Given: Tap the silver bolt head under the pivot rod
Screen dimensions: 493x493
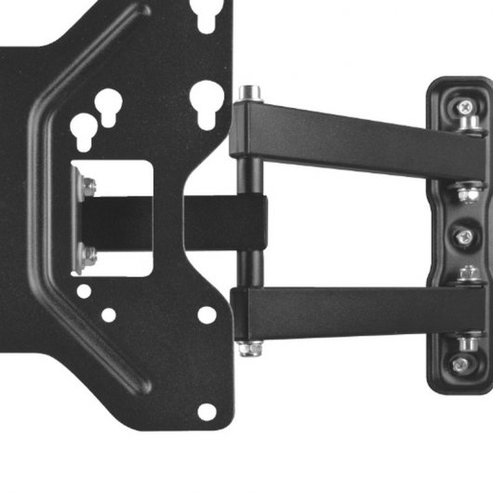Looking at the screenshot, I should point(247,348).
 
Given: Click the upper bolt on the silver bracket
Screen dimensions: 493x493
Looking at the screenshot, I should point(88,186).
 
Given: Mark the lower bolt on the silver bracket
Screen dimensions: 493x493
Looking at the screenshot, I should point(88,252).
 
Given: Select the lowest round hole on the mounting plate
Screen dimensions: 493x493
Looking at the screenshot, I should point(206,409).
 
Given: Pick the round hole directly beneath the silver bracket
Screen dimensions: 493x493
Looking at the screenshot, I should point(85,291).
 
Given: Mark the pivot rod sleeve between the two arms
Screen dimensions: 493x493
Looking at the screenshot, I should point(249,223).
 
